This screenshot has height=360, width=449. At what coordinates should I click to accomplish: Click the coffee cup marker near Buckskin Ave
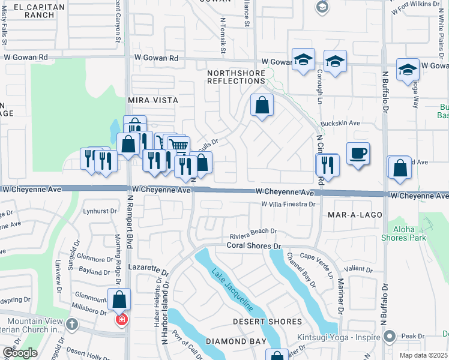[358, 154]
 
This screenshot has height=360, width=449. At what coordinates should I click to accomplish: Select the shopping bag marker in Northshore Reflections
[262, 106]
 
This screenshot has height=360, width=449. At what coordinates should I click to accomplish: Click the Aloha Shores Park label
[403, 233]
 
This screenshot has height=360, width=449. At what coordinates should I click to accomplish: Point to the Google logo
[20, 353]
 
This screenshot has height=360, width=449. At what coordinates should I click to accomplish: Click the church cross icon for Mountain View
[71, 325]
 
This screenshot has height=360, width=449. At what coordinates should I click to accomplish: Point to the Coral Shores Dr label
[254, 246]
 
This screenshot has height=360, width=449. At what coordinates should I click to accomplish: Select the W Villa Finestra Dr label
[288, 205]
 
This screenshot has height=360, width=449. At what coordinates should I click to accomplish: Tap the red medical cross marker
[121, 320]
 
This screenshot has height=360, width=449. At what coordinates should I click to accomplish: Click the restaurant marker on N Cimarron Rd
[328, 164]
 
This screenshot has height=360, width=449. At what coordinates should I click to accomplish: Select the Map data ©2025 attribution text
[423, 355]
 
